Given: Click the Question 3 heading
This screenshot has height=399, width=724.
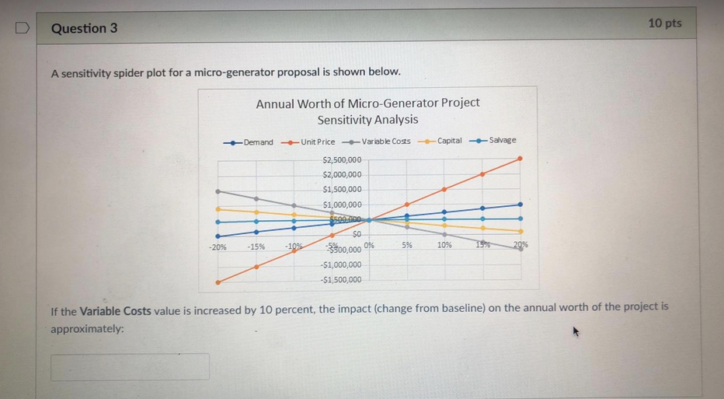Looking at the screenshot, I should pos(84,28).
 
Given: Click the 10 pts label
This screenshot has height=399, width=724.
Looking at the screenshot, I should pos(664,23).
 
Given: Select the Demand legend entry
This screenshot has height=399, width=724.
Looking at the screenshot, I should pos(250,142).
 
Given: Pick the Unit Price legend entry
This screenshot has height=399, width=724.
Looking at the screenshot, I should pos(309,142).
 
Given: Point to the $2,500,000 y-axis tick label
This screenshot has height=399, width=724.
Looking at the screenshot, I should pos(341,159).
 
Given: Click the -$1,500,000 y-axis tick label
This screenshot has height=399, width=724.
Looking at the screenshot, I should pos(341,280).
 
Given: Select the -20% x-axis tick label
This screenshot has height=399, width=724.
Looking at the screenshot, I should pos(218,247).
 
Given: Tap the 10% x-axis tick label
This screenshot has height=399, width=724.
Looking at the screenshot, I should pos(444,245).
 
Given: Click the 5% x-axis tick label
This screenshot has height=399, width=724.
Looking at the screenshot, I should pos(407,245).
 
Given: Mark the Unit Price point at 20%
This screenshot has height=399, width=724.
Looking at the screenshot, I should pos(520,158).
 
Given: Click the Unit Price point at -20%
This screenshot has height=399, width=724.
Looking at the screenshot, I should pos(218,282).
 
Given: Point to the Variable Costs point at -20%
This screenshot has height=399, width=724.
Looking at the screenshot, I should pos(218,191).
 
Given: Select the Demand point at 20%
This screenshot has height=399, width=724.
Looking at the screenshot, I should pos(520,204).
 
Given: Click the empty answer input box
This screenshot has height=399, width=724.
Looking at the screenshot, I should pos(130,366).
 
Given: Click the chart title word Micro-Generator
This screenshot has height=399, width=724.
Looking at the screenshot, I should pos(392,103).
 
